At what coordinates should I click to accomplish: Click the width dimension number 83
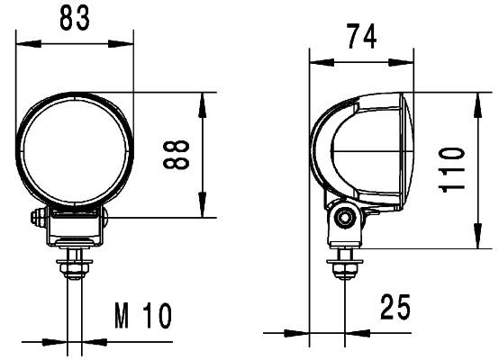(x=74, y=19)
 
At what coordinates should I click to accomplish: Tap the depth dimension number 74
(x=360, y=37)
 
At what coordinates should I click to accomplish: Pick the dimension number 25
(x=395, y=308)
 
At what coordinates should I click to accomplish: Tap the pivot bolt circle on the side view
(x=343, y=217)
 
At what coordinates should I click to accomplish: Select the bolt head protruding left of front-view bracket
(x=39, y=218)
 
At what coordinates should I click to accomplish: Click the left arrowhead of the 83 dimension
(x=23, y=42)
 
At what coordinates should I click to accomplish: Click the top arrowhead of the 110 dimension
(x=476, y=98)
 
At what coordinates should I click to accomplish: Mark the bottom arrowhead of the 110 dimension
(x=476, y=242)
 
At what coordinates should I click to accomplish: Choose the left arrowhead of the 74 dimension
(x=315, y=62)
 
